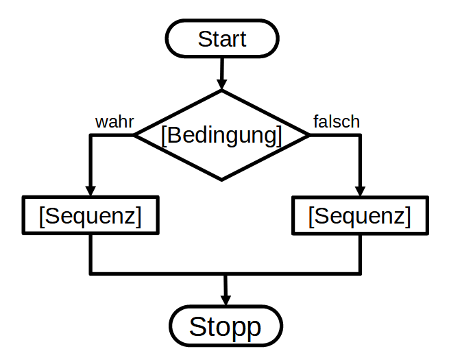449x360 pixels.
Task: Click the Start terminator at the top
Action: (221, 38)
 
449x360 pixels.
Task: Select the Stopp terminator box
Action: (225, 326)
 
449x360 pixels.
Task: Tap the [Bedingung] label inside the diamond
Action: (221, 135)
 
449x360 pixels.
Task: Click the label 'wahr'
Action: (114, 122)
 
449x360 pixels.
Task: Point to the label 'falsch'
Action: (336, 122)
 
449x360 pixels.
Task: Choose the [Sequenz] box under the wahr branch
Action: (90, 216)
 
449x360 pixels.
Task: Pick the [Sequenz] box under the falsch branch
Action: (360, 216)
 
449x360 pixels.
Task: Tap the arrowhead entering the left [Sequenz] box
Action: (90, 191)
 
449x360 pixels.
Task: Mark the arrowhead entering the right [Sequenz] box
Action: (360, 191)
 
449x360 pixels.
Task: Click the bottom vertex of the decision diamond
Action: (221, 180)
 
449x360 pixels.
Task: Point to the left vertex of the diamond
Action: (135, 135)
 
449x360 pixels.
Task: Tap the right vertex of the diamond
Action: (308, 135)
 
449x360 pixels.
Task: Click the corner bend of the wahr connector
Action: (90, 135)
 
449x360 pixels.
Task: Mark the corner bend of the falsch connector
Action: (360, 135)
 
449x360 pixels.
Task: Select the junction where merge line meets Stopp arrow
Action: (225, 274)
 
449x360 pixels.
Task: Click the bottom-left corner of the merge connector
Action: (90, 274)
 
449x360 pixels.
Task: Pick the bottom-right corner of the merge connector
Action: (360, 274)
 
